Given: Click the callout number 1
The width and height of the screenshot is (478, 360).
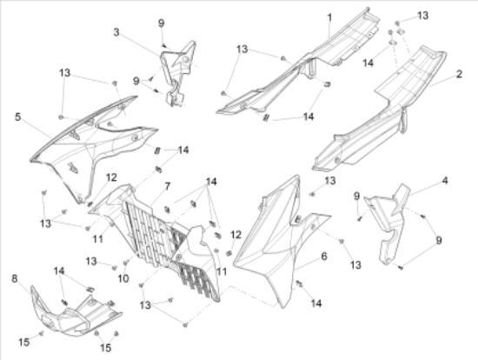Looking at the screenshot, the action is (x=329, y=17).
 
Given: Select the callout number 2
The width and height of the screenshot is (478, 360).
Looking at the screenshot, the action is (x=459, y=74).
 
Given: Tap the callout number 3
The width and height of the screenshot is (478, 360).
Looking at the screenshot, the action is (x=116, y=32).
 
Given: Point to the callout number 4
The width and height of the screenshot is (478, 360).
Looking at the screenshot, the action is (x=445, y=181).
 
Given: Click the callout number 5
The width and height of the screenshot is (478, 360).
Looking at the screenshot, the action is (x=17, y=117).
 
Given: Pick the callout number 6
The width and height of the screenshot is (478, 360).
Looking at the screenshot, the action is (x=324, y=256).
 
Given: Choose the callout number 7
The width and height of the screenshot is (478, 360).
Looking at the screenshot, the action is (x=168, y=186).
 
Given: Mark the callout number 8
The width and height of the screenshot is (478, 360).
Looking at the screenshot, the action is (x=14, y=278).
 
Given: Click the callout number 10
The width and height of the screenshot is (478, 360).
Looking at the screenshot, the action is (x=123, y=278).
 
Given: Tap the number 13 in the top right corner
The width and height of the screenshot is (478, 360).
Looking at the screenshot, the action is (x=422, y=16).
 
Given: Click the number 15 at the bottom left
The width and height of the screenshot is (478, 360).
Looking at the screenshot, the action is (x=24, y=342).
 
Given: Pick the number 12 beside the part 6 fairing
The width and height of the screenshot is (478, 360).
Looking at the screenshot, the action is (x=236, y=235).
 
